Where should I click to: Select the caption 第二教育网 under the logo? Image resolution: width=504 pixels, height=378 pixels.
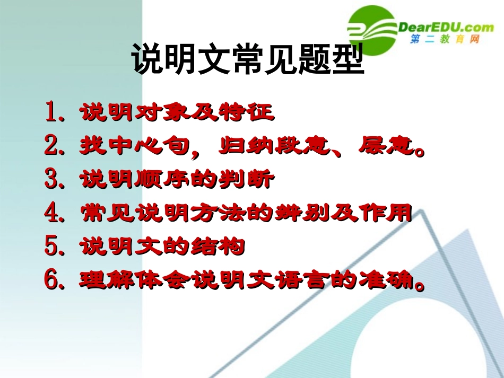[445, 40]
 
